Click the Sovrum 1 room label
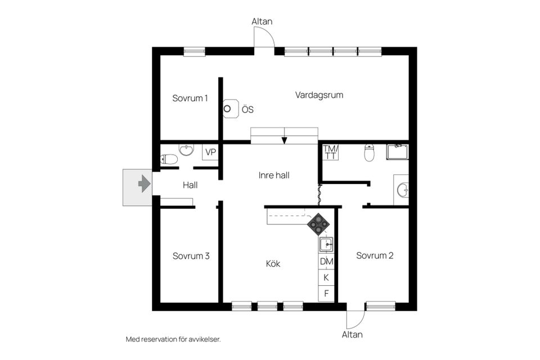[190, 98]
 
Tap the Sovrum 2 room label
[375, 255]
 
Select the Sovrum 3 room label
[191, 256]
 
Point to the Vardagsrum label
[319, 95]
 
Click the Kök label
[273, 263]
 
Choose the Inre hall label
[274, 175]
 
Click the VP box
[210, 152]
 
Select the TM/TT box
[331, 152]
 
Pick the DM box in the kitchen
[326, 262]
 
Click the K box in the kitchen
[326, 277]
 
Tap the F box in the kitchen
[326, 293]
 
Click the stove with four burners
[318, 223]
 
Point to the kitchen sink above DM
[326, 245]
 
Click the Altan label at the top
[262, 21]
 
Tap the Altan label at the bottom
[352, 334]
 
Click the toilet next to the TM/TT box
[370, 152]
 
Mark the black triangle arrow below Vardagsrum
[285, 140]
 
